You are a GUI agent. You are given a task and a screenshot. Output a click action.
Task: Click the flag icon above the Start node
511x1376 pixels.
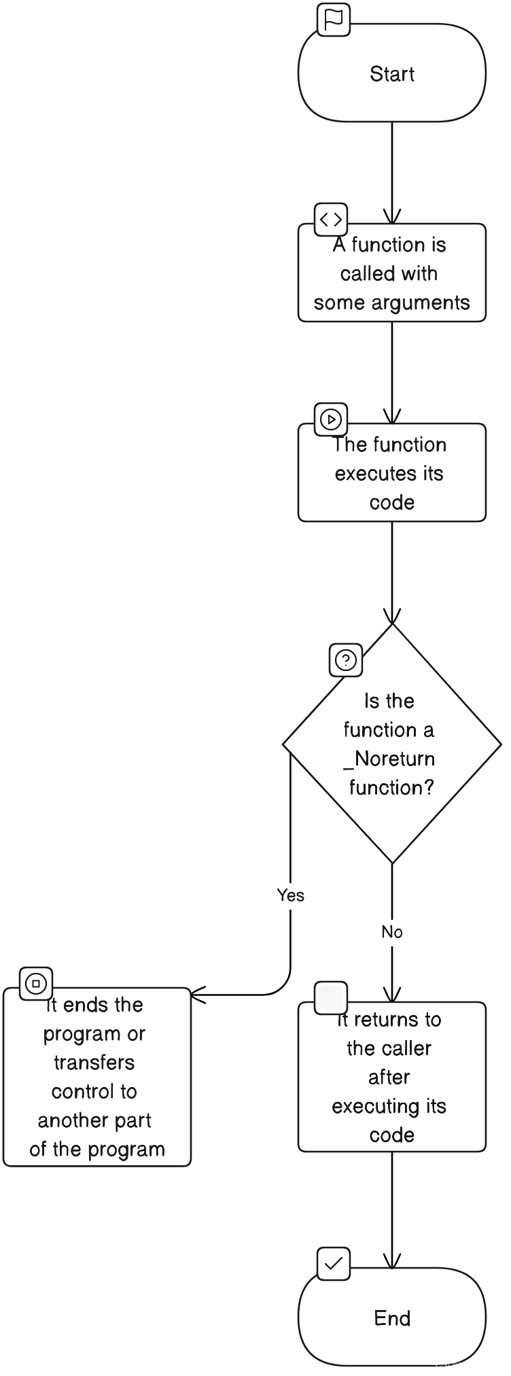tap(334, 20)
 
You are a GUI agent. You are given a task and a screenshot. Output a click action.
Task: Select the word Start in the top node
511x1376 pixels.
tap(392, 74)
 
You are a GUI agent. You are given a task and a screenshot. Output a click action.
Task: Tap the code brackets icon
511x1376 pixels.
tap(331, 219)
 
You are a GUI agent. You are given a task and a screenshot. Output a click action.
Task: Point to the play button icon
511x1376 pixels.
tap(331, 419)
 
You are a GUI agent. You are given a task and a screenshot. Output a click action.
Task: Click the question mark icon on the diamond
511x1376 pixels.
tap(346, 659)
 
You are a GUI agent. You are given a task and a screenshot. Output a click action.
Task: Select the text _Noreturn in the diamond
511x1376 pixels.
tap(389, 759)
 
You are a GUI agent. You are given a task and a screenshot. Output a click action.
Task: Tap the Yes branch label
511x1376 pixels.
tap(290, 895)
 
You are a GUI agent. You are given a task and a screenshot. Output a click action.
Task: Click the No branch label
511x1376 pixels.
tap(391, 932)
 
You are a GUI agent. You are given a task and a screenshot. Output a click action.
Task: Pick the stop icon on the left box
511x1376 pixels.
tap(36, 983)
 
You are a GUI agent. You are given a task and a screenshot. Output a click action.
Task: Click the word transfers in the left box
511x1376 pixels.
tap(94, 1063)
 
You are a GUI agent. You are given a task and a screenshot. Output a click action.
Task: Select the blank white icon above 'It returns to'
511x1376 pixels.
tap(332, 998)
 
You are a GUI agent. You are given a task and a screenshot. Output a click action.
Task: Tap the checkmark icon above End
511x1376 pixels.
tap(334, 1264)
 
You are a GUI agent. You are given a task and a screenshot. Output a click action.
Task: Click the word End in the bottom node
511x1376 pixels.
tap(392, 1318)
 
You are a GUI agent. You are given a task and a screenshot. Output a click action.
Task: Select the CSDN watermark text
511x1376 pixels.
tap(467, 1364)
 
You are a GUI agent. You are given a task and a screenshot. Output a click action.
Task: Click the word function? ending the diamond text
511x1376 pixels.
tap(391, 788)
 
